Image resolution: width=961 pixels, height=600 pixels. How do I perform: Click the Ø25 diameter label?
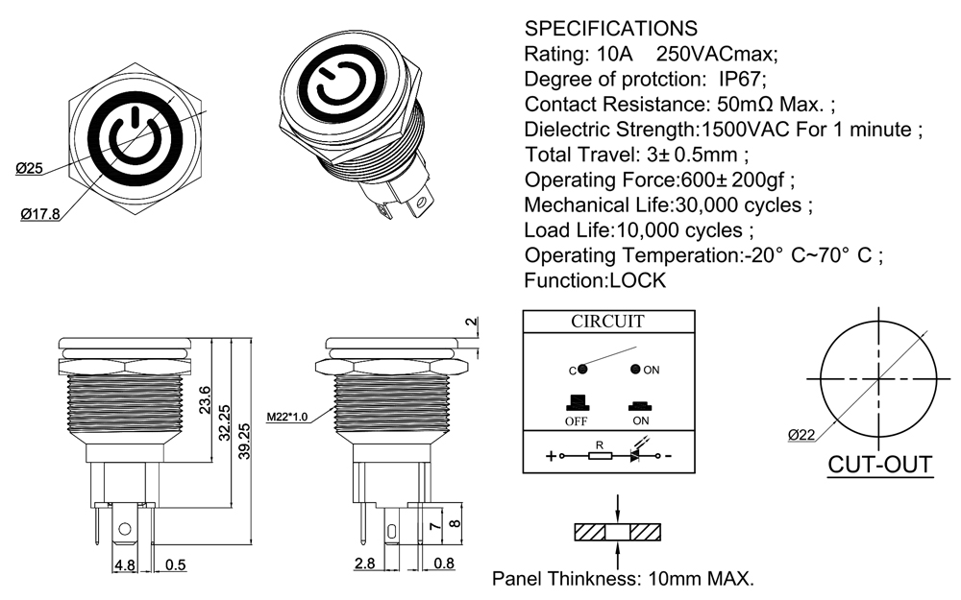pyautogui.click(x=29, y=168)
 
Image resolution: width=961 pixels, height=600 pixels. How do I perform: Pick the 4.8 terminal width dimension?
pyautogui.click(x=125, y=565)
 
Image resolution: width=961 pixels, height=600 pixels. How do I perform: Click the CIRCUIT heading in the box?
pyautogui.click(x=607, y=322)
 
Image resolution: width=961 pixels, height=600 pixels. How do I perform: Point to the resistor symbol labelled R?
pyautogui.click(x=600, y=456)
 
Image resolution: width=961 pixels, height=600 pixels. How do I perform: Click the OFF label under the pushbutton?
pyautogui.click(x=577, y=420)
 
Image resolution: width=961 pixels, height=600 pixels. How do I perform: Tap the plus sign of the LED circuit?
pyautogui.click(x=551, y=457)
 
